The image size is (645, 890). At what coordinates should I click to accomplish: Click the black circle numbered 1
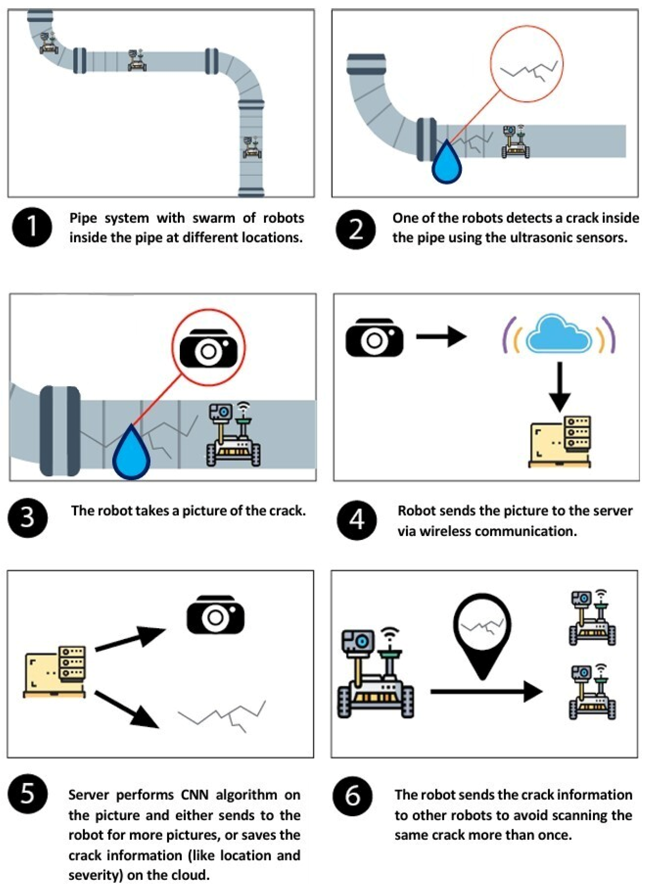click(31, 227)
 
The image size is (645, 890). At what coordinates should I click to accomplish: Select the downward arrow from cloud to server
click(559, 386)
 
